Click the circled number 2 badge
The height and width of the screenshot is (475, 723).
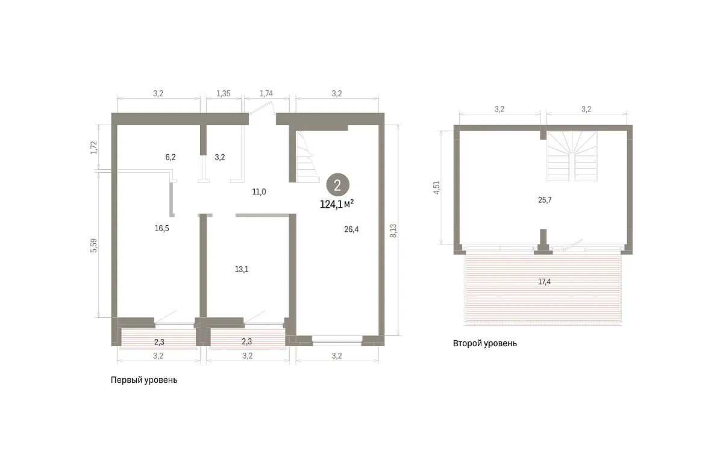coord(337,185)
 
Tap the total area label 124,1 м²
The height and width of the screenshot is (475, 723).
coord(337,204)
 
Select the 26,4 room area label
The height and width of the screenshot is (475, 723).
coord(351,229)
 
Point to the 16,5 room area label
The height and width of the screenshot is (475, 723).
coord(161,228)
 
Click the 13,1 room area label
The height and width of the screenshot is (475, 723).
coord(242,269)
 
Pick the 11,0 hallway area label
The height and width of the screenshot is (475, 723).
coord(259,192)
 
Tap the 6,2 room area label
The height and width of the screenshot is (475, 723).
coord(171,157)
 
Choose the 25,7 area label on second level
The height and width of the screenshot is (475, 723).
coord(545,200)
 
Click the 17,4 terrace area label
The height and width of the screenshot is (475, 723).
coord(545,282)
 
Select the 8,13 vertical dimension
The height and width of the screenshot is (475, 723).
coord(393,231)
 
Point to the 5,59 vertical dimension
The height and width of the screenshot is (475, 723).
coord(93,246)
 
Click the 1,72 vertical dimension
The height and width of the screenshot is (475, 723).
coord(93,147)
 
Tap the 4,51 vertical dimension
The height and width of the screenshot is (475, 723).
coord(436,188)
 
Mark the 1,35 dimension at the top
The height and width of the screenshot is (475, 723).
coord(224,93)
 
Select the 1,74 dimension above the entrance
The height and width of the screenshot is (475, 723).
coord(266,93)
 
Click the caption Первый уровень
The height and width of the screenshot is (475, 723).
coord(144,380)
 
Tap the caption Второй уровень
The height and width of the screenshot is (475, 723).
coord(485,343)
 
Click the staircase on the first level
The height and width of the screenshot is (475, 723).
coord(307,157)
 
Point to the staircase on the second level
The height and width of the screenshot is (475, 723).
coord(572,156)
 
